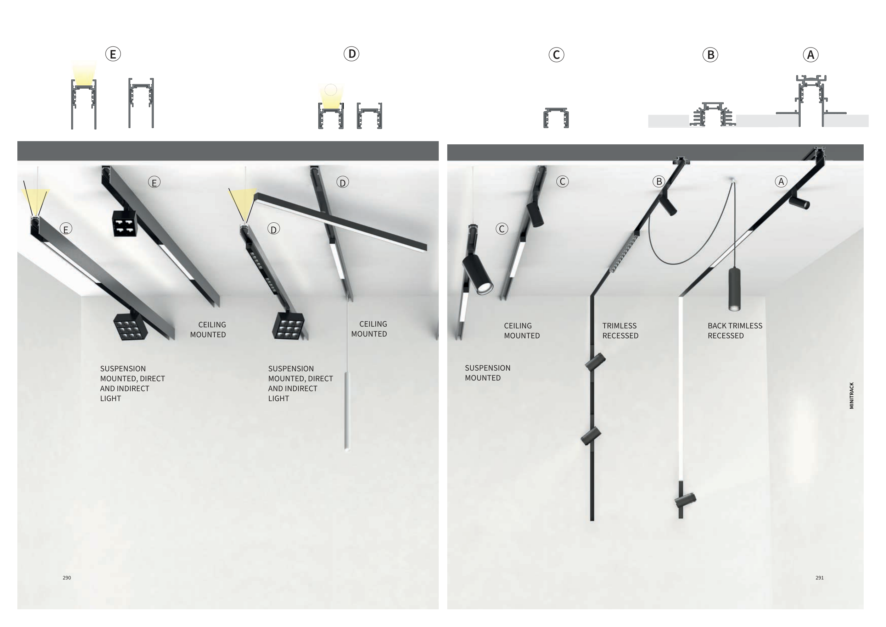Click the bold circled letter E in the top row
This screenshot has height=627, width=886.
click(x=113, y=54)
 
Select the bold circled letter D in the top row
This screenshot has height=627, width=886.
click(x=352, y=54)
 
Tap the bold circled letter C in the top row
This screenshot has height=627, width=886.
click(x=556, y=55)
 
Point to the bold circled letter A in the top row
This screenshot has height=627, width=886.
click(x=811, y=55)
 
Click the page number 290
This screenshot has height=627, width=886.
click(x=67, y=578)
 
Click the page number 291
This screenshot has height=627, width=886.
click(x=820, y=578)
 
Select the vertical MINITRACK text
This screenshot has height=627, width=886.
click(x=852, y=396)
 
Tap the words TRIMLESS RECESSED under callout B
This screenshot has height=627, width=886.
click(x=621, y=331)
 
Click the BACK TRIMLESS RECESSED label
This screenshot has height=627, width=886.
click(x=735, y=331)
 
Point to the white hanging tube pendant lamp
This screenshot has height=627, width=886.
click(x=347, y=411)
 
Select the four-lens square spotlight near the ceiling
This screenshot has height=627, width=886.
click(x=125, y=223)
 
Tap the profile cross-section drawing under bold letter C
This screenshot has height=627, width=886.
click(x=556, y=118)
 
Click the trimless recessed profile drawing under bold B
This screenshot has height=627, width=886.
click(x=712, y=114)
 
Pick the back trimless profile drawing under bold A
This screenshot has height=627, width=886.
click(x=811, y=101)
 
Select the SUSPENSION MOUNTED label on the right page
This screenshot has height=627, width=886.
click(x=488, y=373)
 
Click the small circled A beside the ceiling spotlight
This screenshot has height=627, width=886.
click(x=781, y=182)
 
